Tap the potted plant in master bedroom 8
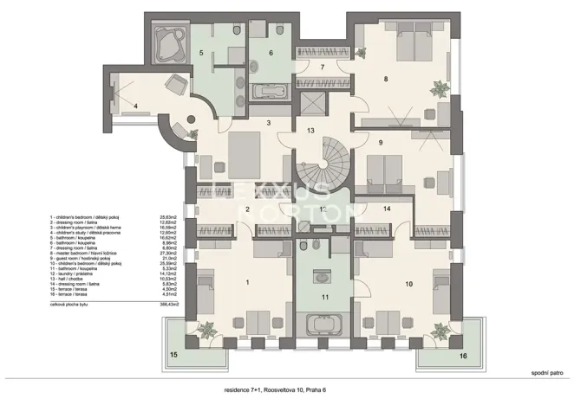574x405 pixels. pos(440,86)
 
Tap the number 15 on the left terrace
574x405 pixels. pos(173,355)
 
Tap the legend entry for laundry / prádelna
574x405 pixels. pos(87,273)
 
